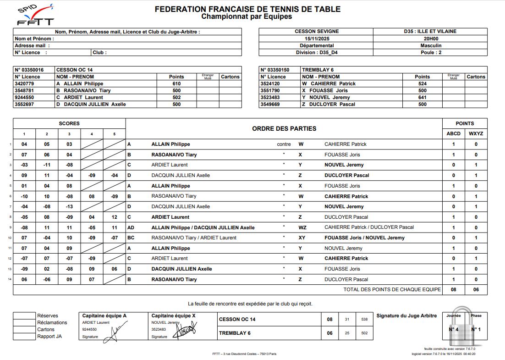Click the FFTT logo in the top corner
(35, 15)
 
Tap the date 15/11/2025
(316, 39)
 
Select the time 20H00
(430, 39)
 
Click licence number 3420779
(24, 83)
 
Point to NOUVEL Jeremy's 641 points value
(422, 97)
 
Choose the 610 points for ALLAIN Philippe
(176, 83)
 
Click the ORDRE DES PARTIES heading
(284, 128)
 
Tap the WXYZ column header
(476, 133)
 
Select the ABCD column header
(454, 133)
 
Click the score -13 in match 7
(69, 206)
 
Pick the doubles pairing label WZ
(302, 227)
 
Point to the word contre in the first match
(284, 144)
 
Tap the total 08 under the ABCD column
(454, 289)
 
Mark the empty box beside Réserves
(24, 316)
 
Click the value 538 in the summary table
(364, 319)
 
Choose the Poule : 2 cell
(430, 52)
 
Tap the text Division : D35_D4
(316, 52)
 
